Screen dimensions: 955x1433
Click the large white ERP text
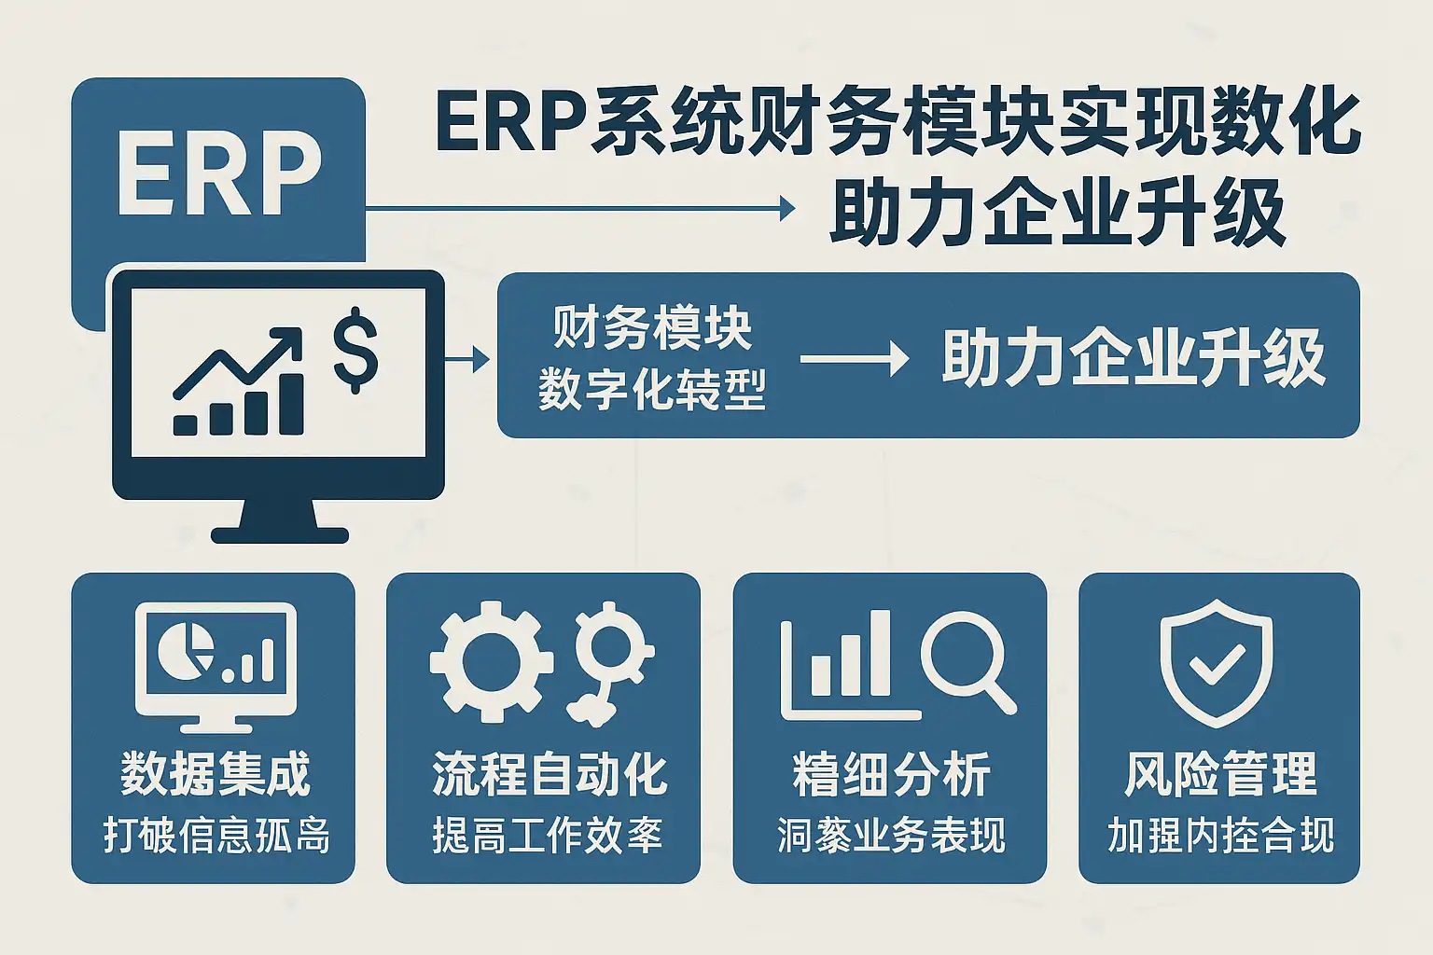click(218, 174)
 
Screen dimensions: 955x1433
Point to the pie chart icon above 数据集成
click(184, 649)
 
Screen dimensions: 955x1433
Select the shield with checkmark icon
click(1217, 662)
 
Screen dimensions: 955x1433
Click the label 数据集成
click(215, 774)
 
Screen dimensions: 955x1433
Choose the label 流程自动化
click(549, 774)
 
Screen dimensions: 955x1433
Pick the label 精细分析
click(891, 774)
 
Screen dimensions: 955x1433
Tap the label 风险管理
click(1220, 774)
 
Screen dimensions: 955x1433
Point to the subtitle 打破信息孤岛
click(216, 836)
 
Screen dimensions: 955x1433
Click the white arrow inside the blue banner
click(854, 358)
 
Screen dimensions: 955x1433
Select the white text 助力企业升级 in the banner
click(1133, 358)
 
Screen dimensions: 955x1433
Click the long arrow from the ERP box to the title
click(578, 209)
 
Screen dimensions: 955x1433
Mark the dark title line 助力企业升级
click(1058, 213)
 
